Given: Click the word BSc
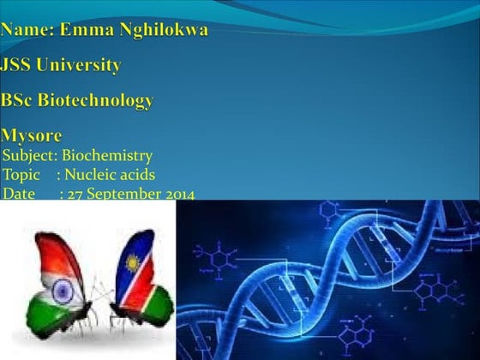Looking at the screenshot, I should pyautogui.click(x=18, y=100).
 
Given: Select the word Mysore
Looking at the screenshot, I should pyautogui.click(x=32, y=136).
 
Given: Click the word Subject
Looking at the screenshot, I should pyautogui.click(x=29, y=157).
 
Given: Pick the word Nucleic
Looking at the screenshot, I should pyautogui.click(x=92, y=176).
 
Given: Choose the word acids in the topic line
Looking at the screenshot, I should pyautogui.click(x=137, y=176).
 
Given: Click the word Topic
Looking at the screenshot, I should pyautogui.click(x=21, y=176).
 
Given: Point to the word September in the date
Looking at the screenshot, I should pyautogui.click(x=123, y=195).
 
